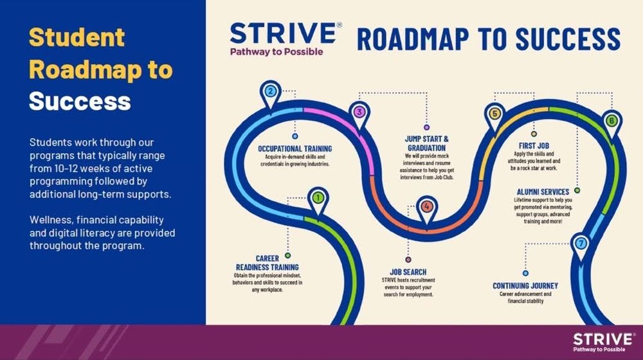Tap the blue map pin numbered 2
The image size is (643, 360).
(x=270, y=94)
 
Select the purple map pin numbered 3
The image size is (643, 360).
(x=359, y=115)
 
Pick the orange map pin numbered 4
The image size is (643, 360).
(x=427, y=209)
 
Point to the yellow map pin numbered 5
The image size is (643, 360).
(x=495, y=116)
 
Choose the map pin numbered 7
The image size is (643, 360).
(x=581, y=246)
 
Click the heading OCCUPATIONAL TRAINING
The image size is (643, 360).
(x=295, y=149)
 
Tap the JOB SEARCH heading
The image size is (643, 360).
(x=408, y=272)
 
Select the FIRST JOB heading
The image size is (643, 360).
(x=534, y=145)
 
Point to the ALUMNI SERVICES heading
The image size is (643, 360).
(x=543, y=192)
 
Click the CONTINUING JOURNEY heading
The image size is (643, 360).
(x=525, y=286)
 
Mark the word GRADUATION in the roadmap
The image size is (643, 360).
(x=426, y=148)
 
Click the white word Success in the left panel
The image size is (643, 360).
(x=80, y=102)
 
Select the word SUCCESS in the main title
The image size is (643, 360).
(x=568, y=39)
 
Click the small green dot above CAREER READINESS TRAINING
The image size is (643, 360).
(x=288, y=255)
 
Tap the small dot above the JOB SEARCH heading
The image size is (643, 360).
(x=408, y=260)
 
